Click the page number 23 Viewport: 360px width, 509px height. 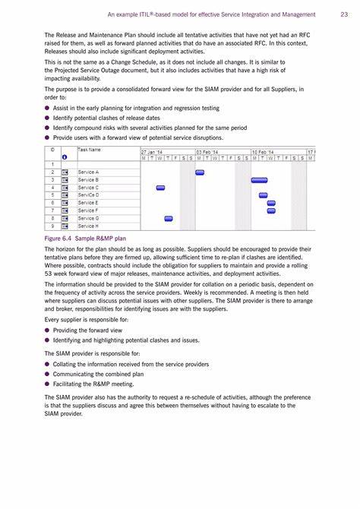344,14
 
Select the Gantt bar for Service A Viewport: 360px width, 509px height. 200,172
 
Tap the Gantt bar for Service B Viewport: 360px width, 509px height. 260,180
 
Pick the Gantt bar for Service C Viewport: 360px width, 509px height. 160,188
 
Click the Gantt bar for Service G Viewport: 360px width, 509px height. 169,219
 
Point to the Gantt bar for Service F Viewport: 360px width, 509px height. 271,211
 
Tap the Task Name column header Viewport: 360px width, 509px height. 89,150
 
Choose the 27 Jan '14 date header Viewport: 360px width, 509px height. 152,152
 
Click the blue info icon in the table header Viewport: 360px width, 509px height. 65,157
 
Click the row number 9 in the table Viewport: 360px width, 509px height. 52,226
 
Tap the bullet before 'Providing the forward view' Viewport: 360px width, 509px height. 47,330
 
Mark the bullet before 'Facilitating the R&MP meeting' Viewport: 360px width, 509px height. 47,384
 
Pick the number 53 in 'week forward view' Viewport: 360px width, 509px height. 49,273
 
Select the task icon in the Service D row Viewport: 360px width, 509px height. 65,195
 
